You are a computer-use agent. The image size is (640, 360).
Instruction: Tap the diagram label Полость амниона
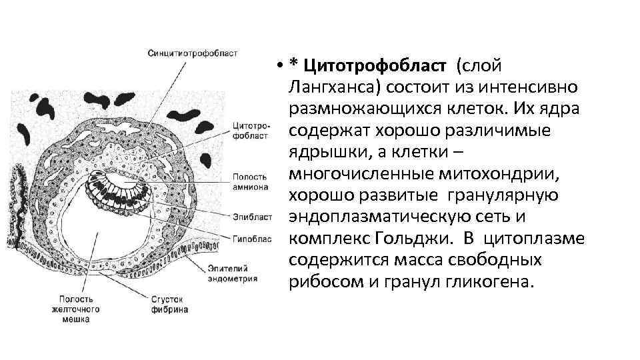click(x=250, y=181)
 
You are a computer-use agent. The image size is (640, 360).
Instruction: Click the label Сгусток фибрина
click(x=169, y=305)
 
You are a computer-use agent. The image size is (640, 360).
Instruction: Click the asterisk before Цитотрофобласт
click(x=293, y=64)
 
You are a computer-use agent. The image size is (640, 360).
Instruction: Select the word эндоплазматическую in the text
click(x=383, y=217)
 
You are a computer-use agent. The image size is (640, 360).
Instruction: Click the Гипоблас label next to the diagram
click(x=251, y=237)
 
